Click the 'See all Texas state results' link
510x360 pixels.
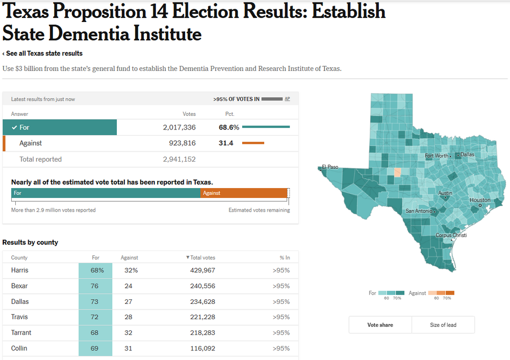tap(43, 54)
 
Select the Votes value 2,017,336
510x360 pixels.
tap(179, 127)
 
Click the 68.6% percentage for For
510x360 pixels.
tap(229, 127)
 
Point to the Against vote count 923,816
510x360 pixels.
tap(182, 143)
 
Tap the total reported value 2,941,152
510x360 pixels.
tap(179, 159)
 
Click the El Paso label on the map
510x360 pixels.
tap(330, 167)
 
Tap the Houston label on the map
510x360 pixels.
tap(479, 200)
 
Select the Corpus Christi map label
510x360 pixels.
tap(451, 236)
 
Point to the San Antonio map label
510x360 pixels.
tap(418, 211)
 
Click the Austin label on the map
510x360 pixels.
tap(445, 193)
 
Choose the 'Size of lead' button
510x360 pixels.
tap(443, 325)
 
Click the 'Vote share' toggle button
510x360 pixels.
tap(380, 325)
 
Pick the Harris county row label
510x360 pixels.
tap(20, 270)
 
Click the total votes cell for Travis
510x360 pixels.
tap(202, 317)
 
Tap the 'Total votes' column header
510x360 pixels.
tap(202, 258)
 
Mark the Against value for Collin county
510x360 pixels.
tap(129, 348)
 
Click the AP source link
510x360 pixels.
tap(287, 99)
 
